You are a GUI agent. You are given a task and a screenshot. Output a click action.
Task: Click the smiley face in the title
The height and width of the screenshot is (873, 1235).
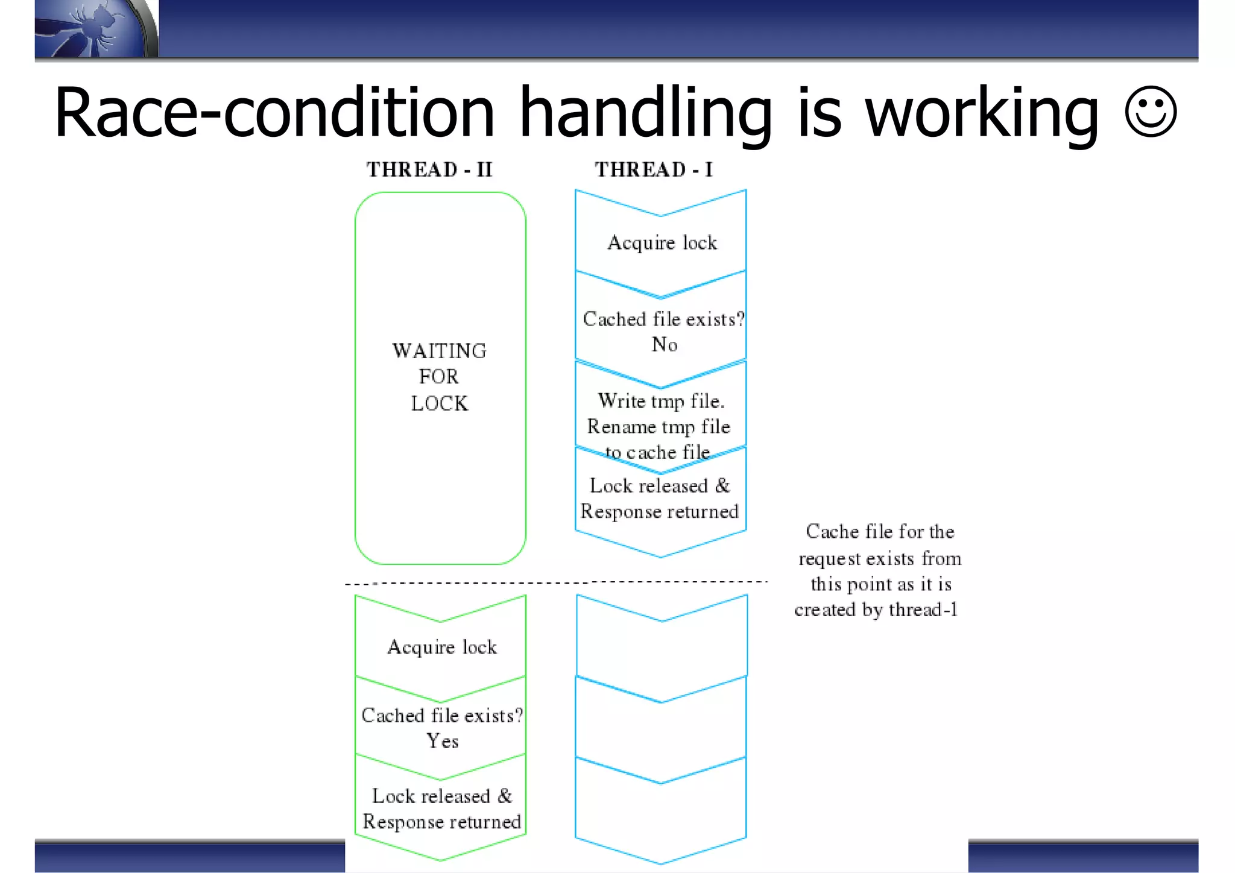click(x=1150, y=112)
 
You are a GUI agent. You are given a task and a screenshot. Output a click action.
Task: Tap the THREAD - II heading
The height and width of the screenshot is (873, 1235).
click(x=429, y=169)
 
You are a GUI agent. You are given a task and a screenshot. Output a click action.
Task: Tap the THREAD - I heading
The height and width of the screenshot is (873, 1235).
click(x=654, y=169)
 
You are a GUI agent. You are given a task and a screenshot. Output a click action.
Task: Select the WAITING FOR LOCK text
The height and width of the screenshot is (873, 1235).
click(x=439, y=377)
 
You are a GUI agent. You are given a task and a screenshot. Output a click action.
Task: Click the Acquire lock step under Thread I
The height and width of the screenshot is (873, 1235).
click(x=662, y=242)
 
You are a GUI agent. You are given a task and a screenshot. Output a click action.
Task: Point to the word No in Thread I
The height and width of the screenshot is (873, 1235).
click(x=665, y=345)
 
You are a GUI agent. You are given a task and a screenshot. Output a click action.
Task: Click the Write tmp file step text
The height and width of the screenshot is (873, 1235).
click(x=661, y=401)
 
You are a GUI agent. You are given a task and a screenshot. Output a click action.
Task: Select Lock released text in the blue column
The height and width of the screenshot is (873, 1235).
click(x=660, y=486)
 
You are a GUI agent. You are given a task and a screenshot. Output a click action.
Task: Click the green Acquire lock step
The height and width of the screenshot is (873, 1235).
click(x=442, y=647)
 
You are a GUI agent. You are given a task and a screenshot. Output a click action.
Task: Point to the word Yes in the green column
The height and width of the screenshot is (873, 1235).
click(x=443, y=741)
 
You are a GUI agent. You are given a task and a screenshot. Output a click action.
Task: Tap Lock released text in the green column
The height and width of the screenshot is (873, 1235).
click(x=442, y=796)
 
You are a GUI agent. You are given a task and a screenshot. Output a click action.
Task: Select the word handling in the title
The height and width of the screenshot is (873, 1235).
click(x=645, y=113)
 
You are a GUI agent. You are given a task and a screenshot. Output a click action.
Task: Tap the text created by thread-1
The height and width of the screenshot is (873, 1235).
click(x=876, y=610)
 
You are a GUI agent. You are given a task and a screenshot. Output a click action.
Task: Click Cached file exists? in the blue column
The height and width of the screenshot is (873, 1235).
click(x=663, y=319)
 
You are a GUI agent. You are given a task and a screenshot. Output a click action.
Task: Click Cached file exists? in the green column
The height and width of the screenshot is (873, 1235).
click(x=442, y=716)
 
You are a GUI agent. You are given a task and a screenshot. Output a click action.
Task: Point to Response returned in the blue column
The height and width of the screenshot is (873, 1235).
click(x=659, y=512)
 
